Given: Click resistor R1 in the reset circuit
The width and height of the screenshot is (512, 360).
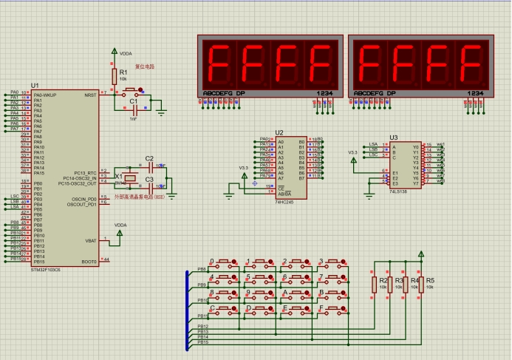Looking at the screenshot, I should coord(115,75).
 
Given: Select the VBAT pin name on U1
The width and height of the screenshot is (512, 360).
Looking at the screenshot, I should coord(91,241).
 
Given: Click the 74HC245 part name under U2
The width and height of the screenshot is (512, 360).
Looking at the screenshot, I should coord(284,201).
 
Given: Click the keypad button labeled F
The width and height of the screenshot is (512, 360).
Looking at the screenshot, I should coord(332,309).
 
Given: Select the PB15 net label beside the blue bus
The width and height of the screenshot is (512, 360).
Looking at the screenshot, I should coord(202,342).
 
